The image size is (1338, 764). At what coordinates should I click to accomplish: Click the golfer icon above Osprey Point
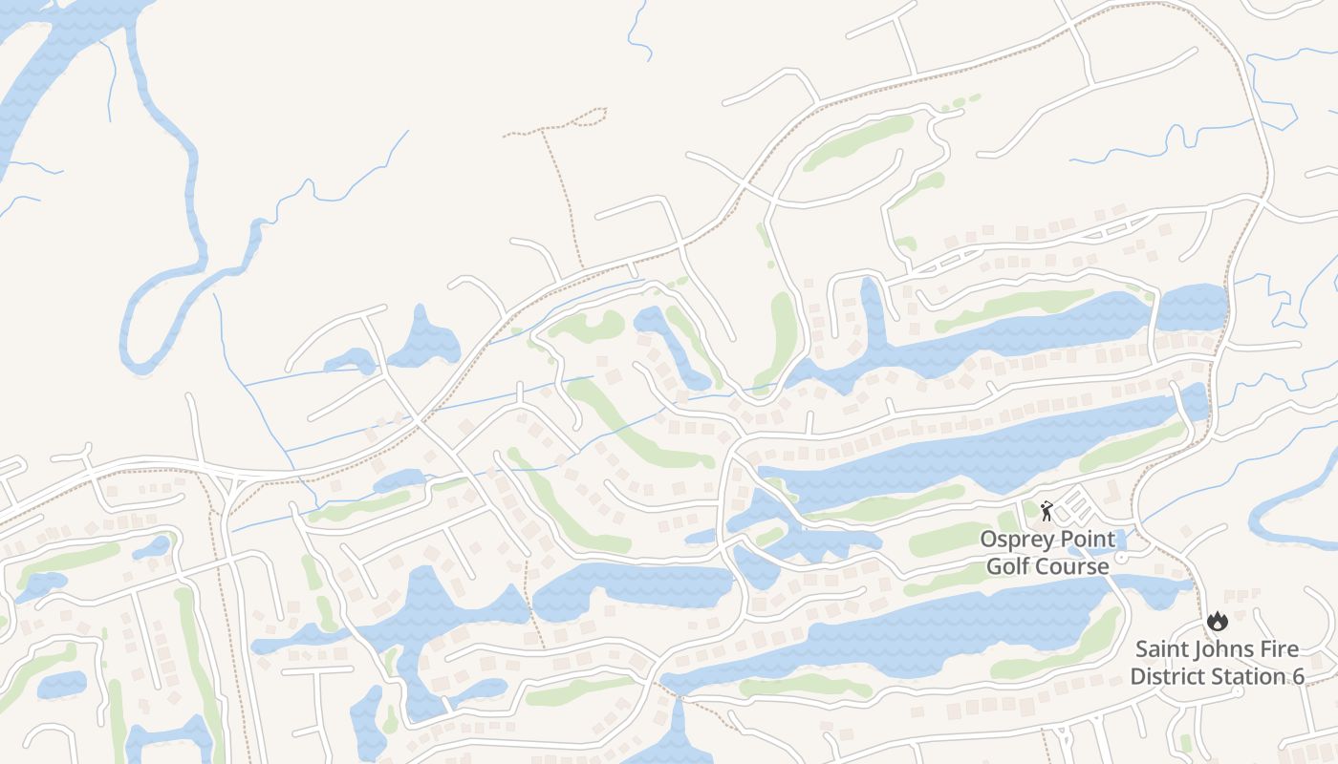[1047, 510]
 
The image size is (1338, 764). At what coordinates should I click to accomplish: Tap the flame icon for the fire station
[1217, 621]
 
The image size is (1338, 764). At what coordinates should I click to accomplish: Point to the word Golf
[1006, 566]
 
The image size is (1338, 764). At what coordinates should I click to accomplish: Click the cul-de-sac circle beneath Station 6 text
[1241, 693]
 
